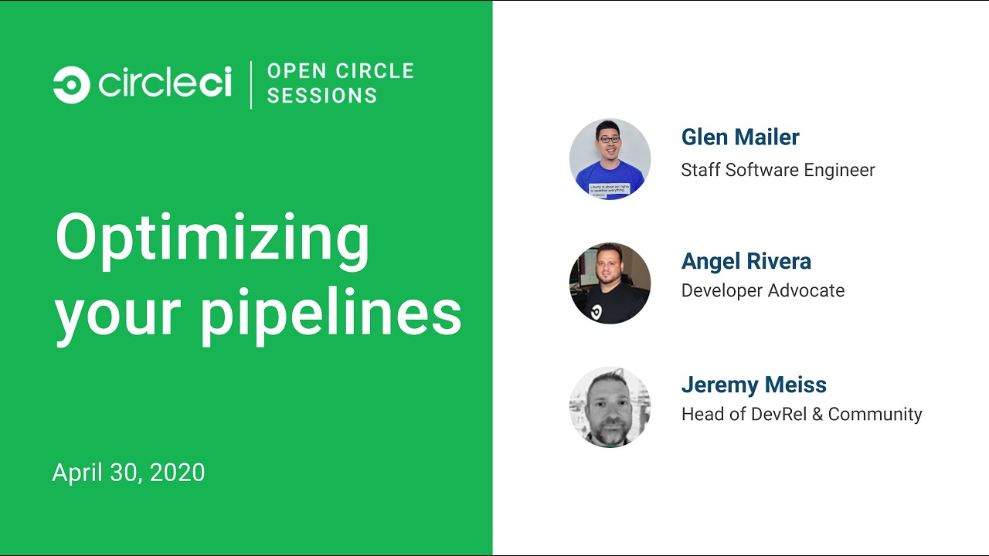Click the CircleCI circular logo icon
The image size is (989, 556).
coord(72,85)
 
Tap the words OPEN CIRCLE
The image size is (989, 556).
coord(341,71)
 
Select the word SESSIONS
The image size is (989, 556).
coord(322,96)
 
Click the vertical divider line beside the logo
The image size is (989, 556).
coord(251,85)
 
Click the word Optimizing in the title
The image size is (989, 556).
coord(212,241)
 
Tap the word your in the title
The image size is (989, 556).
coord(118,318)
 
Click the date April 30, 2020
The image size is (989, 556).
coord(128,472)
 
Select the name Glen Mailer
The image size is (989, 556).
coord(740,137)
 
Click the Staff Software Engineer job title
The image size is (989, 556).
coord(778,170)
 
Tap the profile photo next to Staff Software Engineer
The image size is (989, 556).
coord(610,159)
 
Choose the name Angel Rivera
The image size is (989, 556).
coord(746,261)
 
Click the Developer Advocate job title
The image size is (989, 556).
coord(763,290)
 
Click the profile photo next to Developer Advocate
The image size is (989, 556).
coord(610,283)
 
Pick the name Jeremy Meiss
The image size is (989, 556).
coord(753,385)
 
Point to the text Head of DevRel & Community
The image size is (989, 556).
coord(802,414)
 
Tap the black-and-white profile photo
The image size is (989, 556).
coord(610,407)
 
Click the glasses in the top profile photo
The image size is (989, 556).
coord(610,140)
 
